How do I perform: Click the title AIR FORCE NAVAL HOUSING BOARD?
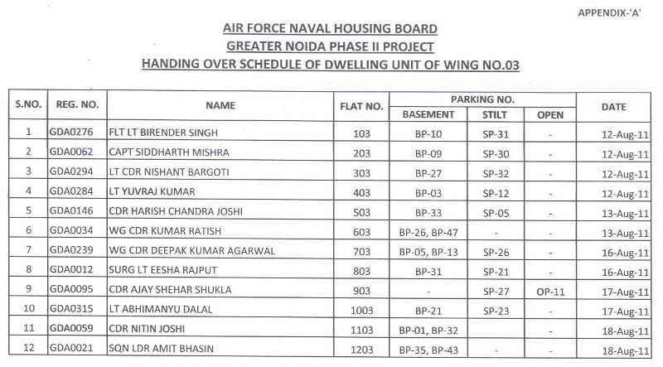[331, 29]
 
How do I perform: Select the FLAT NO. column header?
[361, 106]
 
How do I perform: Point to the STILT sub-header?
[495, 114]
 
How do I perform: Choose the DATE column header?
[614, 106]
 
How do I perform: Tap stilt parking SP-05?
[495, 215]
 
